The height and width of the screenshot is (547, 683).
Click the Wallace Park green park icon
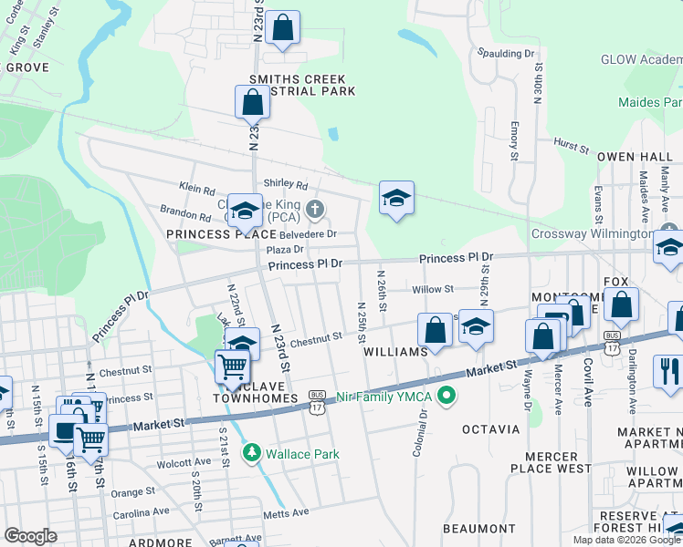pyautogui.click(x=251, y=453)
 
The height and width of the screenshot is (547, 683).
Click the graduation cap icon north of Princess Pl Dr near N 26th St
pyautogui.click(x=396, y=198)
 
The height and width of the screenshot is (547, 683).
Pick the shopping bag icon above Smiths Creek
pyautogui.click(x=283, y=29)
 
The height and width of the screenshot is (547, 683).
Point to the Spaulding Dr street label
pyautogui.click(x=505, y=54)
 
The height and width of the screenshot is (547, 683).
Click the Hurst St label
pyautogui.click(x=572, y=145)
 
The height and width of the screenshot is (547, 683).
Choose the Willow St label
pyautogui.click(x=433, y=289)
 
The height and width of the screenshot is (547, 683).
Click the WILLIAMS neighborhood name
pyautogui.click(x=395, y=351)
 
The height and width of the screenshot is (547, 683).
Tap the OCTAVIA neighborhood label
pyautogui.click(x=490, y=428)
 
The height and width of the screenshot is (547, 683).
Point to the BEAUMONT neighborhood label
pyautogui.click(x=479, y=529)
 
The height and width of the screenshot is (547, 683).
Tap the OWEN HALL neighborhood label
pyautogui.click(x=635, y=157)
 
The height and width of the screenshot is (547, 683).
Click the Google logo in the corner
pyautogui.click(x=30, y=536)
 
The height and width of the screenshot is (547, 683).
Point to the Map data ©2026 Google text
pyautogui.click(x=625, y=540)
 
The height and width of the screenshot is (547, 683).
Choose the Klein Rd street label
pyautogui.click(x=196, y=187)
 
